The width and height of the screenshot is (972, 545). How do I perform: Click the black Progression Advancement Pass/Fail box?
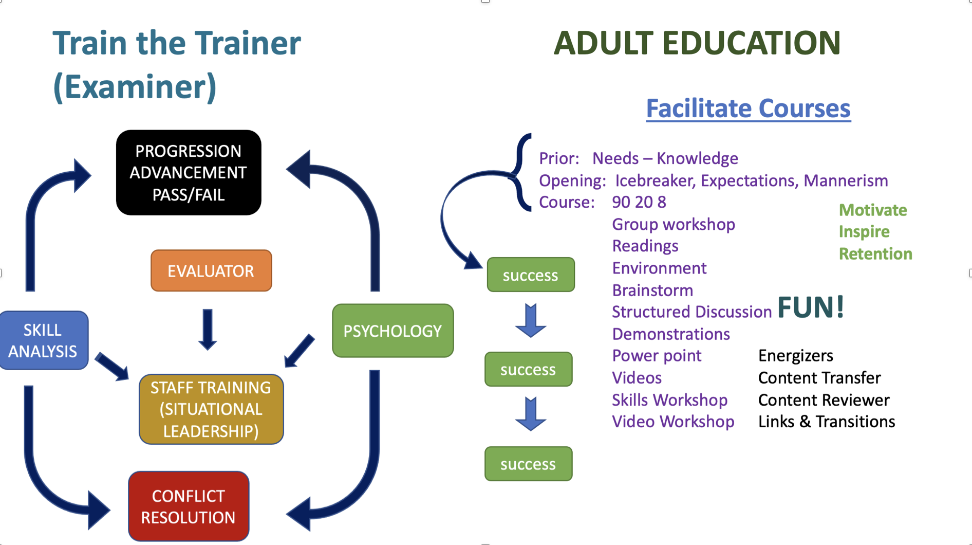(x=189, y=173)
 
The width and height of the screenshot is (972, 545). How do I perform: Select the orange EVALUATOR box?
(x=211, y=271)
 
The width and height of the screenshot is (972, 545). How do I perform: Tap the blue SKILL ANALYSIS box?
(x=44, y=340)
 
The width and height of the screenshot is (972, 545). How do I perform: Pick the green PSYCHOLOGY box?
(x=393, y=331)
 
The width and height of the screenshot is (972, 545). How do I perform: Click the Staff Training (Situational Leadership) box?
(x=211, y=409)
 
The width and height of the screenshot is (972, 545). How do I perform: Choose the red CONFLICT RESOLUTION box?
(x=189, y=506)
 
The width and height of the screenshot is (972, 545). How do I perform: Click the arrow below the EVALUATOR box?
(x=208, y=330)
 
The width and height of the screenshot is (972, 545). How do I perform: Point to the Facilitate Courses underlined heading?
(x=748, y=109)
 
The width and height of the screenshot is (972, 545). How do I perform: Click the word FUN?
(x=811, y=307)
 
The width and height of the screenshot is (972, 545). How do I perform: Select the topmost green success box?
(x=531, y=275)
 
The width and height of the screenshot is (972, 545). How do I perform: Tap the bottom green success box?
(x=529, y=464)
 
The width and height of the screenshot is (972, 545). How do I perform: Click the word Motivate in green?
(x=873, y=210)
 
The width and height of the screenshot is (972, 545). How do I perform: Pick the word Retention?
(x=875, y=254)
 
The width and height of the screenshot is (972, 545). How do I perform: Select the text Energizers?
(x=796, y=356)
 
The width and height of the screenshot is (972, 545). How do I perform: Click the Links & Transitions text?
(x=827, y=422)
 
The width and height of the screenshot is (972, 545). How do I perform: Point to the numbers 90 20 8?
(x=639, y=202)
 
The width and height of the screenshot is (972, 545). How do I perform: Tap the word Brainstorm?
(x=652, y=290)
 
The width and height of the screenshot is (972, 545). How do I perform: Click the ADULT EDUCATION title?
(x=697, y=43)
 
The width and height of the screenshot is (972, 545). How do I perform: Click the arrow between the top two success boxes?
(x=531, y=321)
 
